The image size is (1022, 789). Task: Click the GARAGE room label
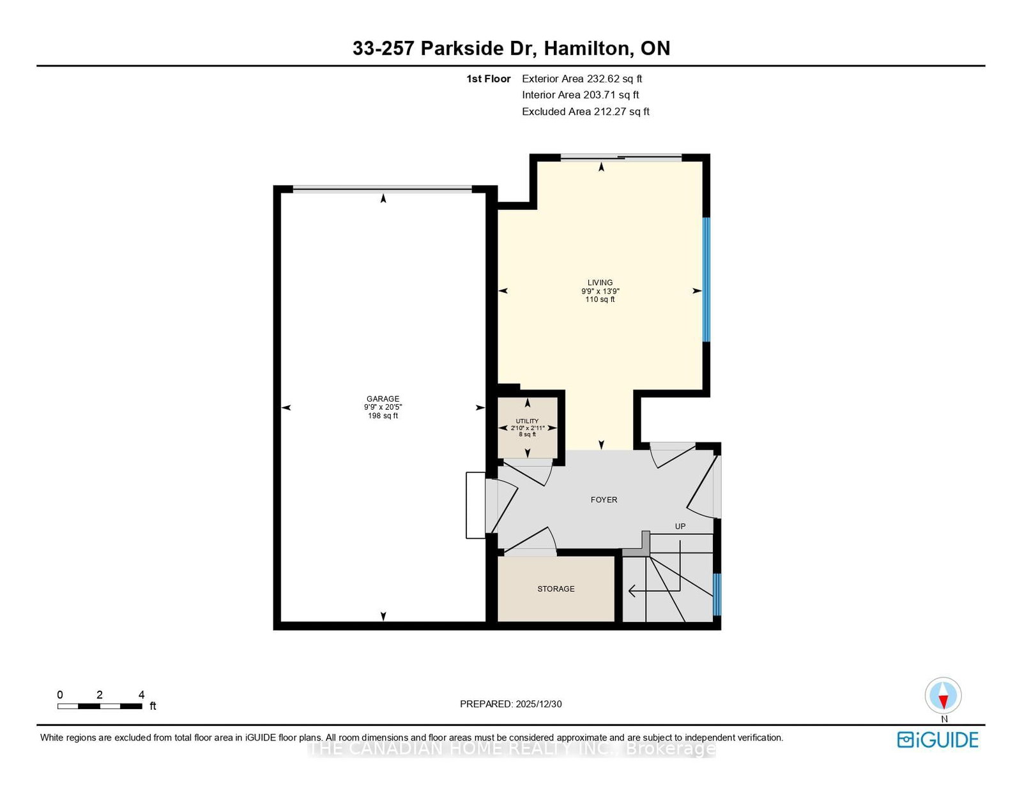[383, 399]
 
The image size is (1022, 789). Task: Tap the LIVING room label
[600, 283]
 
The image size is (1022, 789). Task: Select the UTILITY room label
[527, 421]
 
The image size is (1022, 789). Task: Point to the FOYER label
[604, 500]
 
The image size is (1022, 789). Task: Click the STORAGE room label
[556, 589]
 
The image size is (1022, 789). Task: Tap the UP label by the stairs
[680, 527]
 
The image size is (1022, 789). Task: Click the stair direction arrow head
[632, 591]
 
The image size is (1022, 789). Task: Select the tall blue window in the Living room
[706, 280]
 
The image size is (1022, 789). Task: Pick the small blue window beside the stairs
[717, 594]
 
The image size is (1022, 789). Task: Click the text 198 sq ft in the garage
[383, 416]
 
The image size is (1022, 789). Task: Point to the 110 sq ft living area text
[600, 299]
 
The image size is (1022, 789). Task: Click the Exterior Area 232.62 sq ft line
[581, 79]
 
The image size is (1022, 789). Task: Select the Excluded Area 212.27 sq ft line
[585, 112]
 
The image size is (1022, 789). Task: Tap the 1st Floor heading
[488, 79]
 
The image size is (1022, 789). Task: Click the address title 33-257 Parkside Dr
[511, 49]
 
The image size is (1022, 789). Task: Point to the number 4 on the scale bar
[141, 695]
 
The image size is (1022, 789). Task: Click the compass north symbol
[943, 696]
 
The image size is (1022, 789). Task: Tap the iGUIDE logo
[938, 740]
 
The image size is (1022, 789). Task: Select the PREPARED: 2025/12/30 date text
[510, 704]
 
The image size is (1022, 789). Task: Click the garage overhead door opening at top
[382, 189]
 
